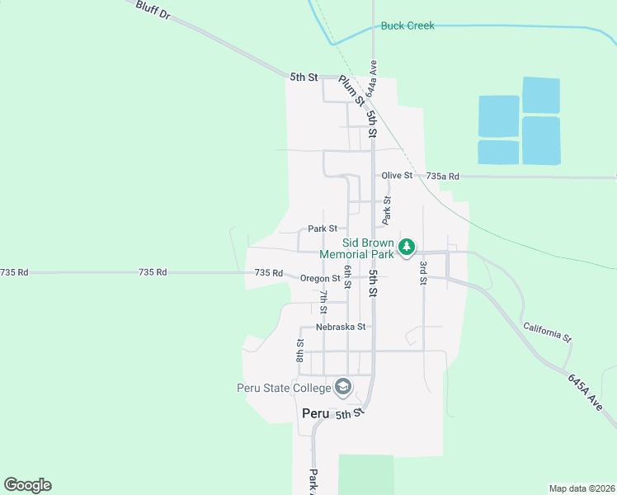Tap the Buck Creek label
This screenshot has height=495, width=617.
(x=407, y=26)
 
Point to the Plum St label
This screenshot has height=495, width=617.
(x=351, y=91)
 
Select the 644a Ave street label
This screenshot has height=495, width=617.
(x=374, y=75)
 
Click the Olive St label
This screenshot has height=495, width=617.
(x=396, y=176)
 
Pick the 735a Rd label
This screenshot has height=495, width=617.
(x=443, y=177)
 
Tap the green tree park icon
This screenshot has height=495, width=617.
(x=406, y=247)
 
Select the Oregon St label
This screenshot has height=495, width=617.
(x=320, y=279)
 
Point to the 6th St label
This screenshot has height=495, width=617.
(x=348, y=276)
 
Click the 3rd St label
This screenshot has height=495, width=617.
(x=423, y=272)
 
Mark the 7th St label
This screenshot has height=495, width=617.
(x=324, y=302)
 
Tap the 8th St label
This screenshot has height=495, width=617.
(x=301, y=350)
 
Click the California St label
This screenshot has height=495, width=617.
(x=547, y=332)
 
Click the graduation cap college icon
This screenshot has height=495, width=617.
(x=342, y=387)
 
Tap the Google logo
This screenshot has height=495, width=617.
(x=27, y=485)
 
